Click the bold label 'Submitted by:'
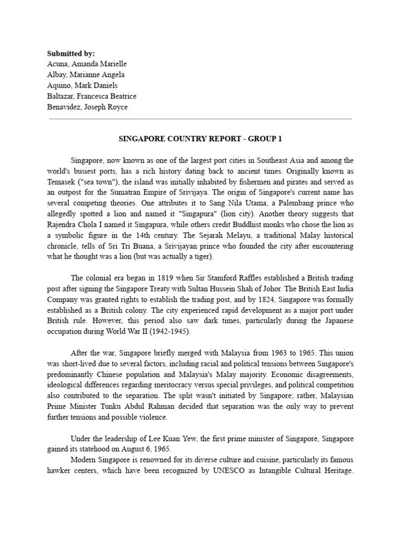[x=72, y=54]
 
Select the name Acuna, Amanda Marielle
[x=87, y=64]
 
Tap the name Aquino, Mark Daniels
[x=82, y=85]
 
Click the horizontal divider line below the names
[x=200, y=119]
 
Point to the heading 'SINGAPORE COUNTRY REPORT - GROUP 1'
[x=200, y=139]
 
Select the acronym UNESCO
[x=187, y=470]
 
